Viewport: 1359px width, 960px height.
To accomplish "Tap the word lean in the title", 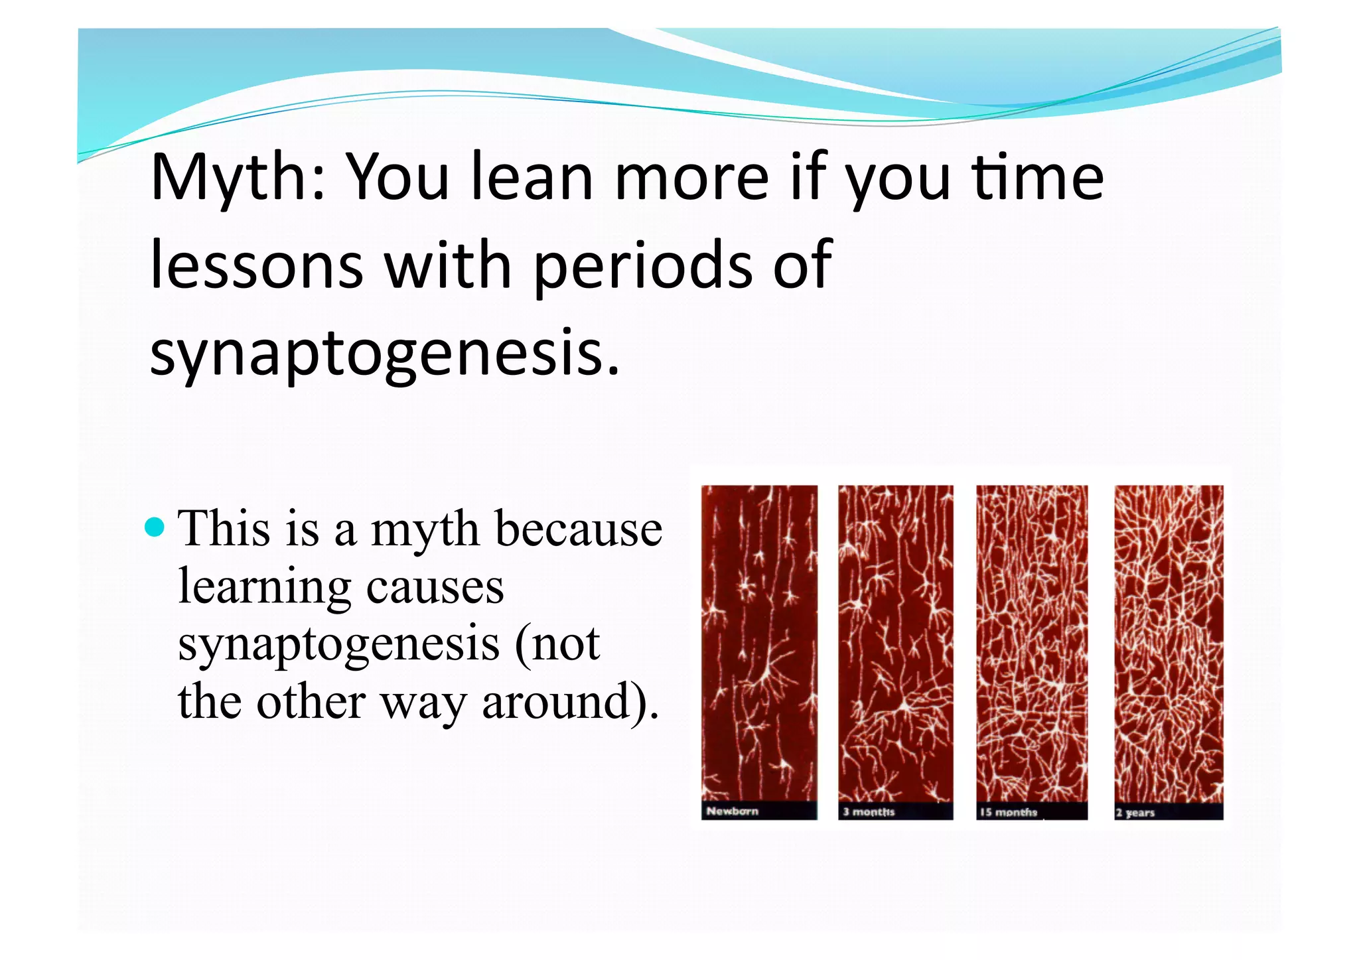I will pyautogui.click(x=532, y=178).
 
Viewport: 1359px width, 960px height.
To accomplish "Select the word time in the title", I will pyautogui.click(x=1038, y=178).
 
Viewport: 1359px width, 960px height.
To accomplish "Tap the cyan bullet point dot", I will pyautogui.click(x=154, y=527).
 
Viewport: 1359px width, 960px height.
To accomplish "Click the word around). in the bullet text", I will pyautogui.click(x=570, y=702).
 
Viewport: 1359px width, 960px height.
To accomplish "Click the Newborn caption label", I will pyautogui.click(x=732, y=811).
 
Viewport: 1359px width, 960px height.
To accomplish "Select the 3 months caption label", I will pyautogui.click(x=869, y=811).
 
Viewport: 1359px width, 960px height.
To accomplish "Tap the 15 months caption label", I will pyautogui.click(x=1008, y=812).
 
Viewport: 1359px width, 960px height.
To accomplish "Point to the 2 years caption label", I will pyautogui.click(x=1135, y=812).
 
